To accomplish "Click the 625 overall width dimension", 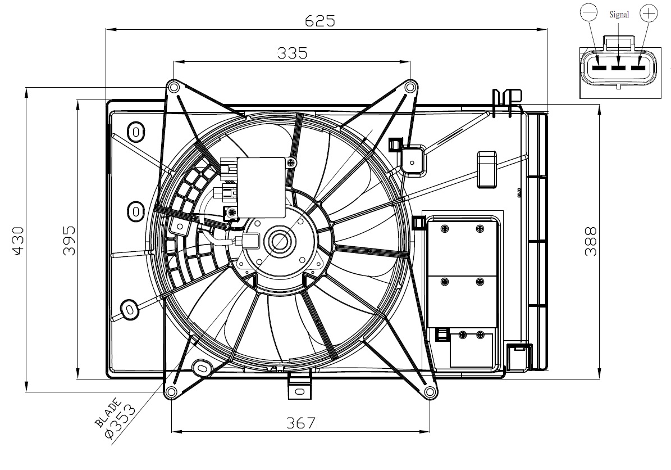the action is pos(319,21).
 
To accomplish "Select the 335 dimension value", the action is pos(293,53).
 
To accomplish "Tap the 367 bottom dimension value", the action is pos(301,423).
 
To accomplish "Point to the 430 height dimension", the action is pos(19,241).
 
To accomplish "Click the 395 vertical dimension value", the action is pos(69,241).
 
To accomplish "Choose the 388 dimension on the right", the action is pos(591,242).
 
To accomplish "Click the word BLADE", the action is pos(108,413).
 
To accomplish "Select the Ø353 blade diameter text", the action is pos(120,422).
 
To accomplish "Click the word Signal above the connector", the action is pos(619,15).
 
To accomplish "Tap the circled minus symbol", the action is pos(588,13).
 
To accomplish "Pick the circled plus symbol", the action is pos(649,13).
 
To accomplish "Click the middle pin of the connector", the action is pos(618,67).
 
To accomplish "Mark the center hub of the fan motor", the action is pos(280,242).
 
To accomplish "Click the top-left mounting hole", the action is pos(174,88).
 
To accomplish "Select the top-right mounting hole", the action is pos(410,88).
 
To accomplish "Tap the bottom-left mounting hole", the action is pos(171,391).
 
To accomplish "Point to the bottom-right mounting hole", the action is pos(430,391).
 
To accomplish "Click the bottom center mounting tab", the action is pos(299,387).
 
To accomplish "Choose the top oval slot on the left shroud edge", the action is pos(136,132).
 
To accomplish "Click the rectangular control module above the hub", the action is pos(262,188).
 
